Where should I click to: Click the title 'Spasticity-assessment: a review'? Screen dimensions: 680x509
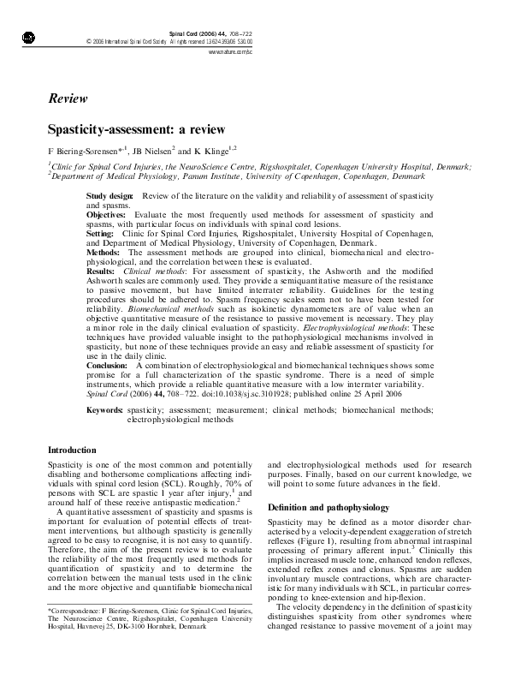pyautogui.click(x=136, y=130)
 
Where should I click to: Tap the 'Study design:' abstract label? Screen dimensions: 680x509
pyautogui.click(x=109, y=197)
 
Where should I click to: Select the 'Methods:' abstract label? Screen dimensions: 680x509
pyautogui.click(x=104, y=254)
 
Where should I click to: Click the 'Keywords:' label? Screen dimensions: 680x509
pyautogui.click(x=104, y=411)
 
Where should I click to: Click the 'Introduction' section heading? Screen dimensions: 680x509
pyautogui.click(x=72, y=450)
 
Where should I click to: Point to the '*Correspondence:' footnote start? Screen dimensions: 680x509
pyautogui.click(x=74, y=635)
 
